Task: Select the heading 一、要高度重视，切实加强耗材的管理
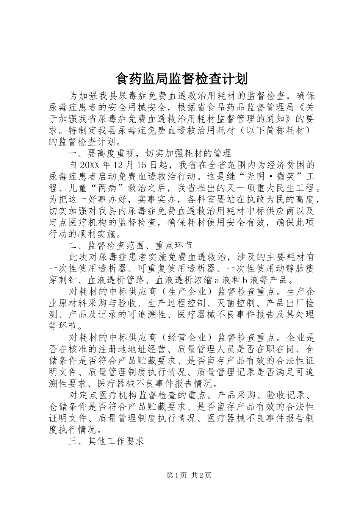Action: point(150,153)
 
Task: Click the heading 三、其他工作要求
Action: point(106,442)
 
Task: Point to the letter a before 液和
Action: point(217,281)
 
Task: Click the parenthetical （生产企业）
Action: point(185,292)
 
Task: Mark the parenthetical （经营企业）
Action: point(185,337)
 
